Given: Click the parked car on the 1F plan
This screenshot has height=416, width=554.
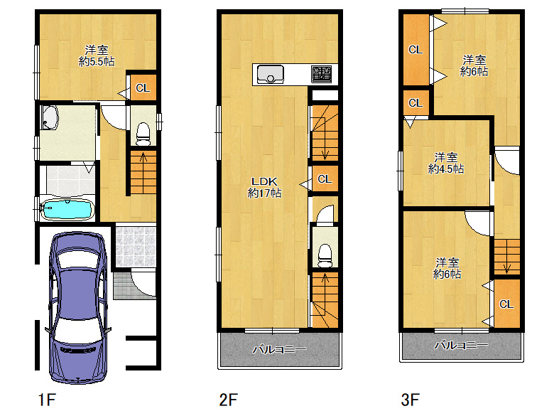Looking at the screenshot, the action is pyautogui.click(x=78, y=308).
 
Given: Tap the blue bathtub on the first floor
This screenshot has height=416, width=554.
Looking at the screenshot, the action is pyautogui.click(x=67, y=209).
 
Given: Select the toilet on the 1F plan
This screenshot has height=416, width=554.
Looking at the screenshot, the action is pyautogui.click(x=143, y=134).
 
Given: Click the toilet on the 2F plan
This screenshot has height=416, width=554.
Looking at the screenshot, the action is pyautogui.click(x=325, y=255).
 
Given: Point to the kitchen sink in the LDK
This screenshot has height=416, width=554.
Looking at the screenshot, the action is pyautogui.click(x=271, y=74).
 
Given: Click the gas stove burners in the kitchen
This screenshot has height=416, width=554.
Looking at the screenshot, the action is pyautogui.click(x=322, y=74).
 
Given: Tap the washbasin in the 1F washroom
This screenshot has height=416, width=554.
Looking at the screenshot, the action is pyautogui.click(x=50, y=117).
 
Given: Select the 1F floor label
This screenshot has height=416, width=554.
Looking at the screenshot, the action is pyautogui.click(x=47, y=400).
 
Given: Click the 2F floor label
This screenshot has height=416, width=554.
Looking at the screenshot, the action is pyautogui.click(x=228, y=400).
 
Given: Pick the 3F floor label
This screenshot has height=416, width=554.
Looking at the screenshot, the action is pyautogui.click(x=411, y=400).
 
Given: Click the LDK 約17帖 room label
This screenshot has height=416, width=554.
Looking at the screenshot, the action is pyautogui.click(x=264, y=187).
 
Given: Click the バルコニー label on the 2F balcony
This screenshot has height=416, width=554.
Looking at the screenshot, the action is pyautogui.click(x=279, y=349).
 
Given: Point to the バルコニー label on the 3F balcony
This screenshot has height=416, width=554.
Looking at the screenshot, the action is pyautogui.click(x=462, y=345).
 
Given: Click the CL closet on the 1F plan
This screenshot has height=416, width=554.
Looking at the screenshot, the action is pyautogui.click(x=143, y=87).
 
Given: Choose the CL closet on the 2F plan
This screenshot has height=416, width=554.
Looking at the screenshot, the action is pyautogui.click(x=325, y=179).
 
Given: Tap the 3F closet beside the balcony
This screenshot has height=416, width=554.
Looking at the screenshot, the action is pyautogui.click(x=506, y=304).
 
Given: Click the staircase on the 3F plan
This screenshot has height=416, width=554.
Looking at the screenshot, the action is pyautogui.click(x=506, y=257).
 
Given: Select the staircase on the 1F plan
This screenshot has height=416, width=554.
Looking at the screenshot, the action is pyautogui.click(x=143, y=172).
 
